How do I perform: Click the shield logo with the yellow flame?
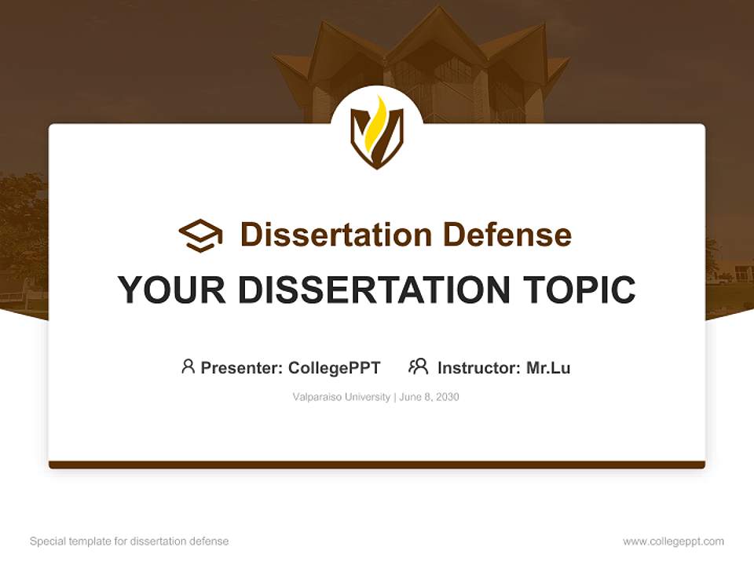(377, 133)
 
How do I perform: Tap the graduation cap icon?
(200, 235)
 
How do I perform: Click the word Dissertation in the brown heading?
(335, 235)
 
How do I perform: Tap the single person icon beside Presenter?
(188, 366)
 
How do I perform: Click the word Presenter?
(240, 368)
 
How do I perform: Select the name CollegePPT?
(335, 368)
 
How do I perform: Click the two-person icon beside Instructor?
(419, 366)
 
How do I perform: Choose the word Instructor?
(478, 368)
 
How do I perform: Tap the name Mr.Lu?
(548, 368)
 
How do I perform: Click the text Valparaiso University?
(341, 397)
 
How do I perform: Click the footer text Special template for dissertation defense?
(130, 541)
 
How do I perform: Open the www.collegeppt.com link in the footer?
(673, 541)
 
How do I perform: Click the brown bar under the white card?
(377, 465)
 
